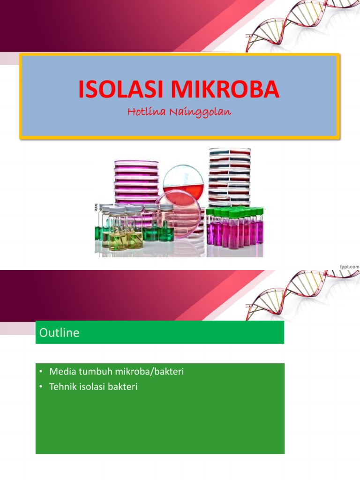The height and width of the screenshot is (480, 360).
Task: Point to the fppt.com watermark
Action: [x=349, y=266]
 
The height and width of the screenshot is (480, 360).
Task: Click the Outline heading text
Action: [x=60, y=333]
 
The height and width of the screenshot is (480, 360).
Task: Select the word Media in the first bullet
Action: [x=60, y=372]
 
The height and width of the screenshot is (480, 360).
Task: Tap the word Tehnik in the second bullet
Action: [x=61, y=387]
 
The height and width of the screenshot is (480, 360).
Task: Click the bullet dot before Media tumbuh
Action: [x=41, y=372]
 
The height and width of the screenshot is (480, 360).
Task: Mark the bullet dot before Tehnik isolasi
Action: [x=41, y=387]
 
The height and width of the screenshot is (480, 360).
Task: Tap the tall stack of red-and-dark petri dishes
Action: [x=229, y=176]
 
